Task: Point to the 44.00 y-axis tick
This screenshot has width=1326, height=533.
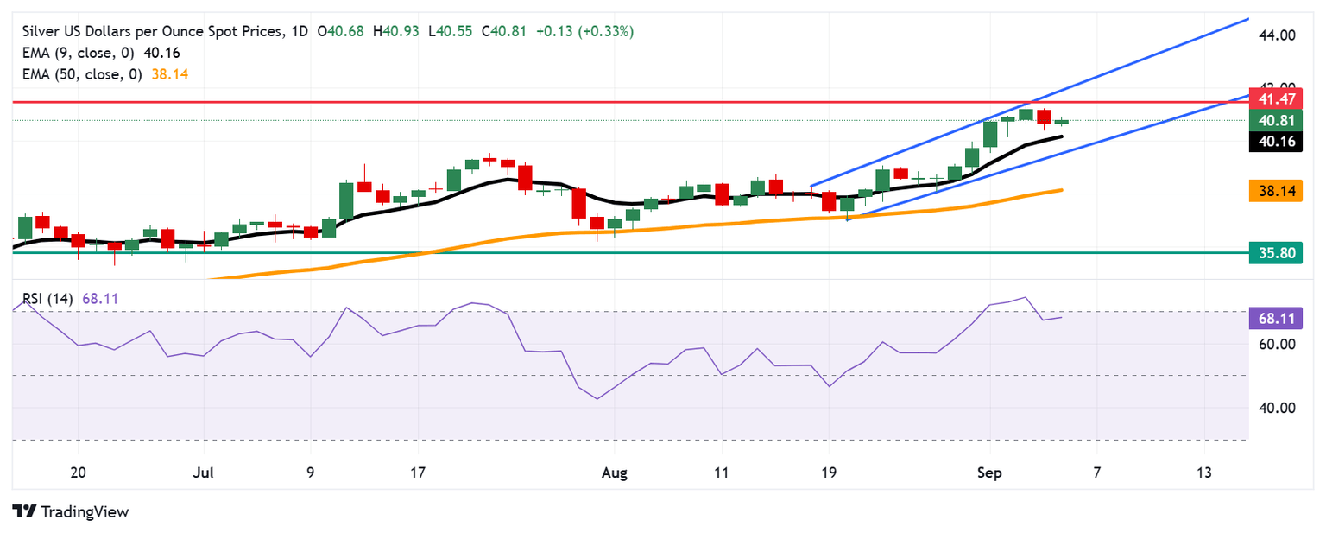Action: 1278,35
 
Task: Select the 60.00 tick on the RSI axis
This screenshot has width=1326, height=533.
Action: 1278,344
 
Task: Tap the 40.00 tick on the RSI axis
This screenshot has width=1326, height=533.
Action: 1278,408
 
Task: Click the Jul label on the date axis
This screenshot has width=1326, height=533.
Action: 204,473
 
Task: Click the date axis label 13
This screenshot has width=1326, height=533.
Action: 1204,473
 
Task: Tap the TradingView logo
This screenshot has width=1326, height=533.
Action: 71,511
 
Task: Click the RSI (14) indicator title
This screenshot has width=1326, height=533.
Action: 48,299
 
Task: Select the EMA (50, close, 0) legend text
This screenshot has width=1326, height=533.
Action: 83,74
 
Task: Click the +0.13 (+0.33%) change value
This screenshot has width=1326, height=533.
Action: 584,31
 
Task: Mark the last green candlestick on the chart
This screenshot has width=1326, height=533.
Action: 1061,122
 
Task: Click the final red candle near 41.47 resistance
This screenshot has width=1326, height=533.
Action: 1044,117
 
